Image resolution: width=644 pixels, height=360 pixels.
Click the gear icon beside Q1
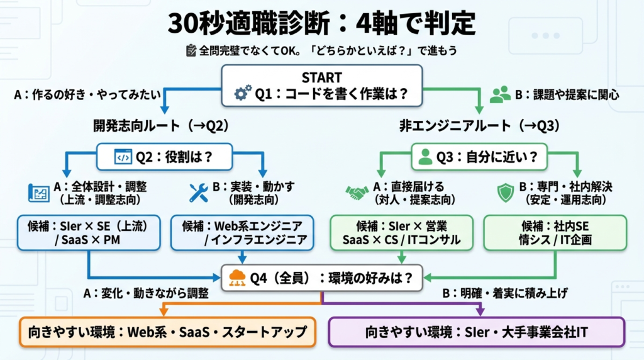243,94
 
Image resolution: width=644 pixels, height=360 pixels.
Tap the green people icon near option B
500,94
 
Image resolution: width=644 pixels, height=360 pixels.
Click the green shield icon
505,193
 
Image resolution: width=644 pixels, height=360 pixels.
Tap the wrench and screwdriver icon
199,193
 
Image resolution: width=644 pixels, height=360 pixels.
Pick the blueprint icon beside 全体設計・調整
39,193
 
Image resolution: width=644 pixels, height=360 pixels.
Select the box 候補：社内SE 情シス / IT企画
555,233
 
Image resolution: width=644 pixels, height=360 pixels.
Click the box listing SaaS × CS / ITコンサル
402,233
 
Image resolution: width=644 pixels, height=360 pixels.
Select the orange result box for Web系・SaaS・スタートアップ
167,332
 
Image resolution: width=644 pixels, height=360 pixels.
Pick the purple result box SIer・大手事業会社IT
476,332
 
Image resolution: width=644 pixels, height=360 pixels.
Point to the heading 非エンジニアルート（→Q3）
479,126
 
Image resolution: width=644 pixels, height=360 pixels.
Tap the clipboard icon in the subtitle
191,51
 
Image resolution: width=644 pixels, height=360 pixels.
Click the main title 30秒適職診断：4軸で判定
321,24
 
